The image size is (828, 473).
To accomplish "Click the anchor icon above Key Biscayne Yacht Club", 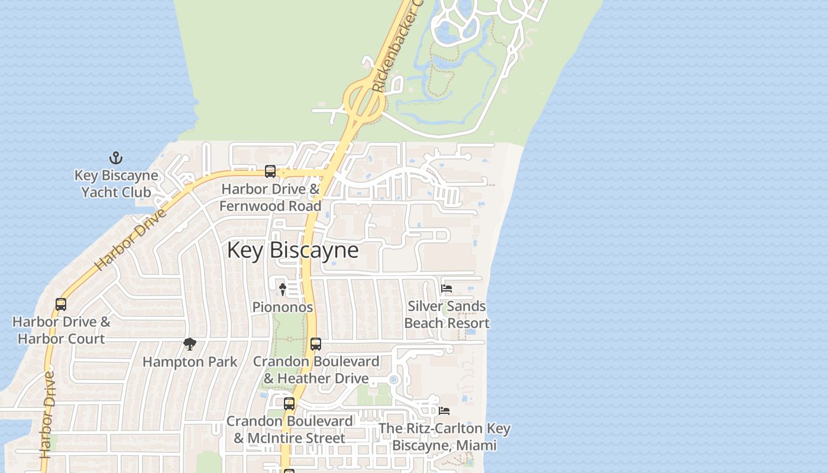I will click(x=116, y=158).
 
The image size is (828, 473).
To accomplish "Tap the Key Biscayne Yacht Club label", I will click(x=116, y=184).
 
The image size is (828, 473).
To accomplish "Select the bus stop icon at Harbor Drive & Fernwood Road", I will click(x=270, y=171).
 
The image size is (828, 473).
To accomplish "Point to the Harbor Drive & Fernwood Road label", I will click(x=270, y=197).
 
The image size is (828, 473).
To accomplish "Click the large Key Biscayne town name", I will click(x=293, y=250).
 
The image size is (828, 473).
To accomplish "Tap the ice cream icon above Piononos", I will click(x=283, y=289).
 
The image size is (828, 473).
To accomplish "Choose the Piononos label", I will click(x=283, y=307).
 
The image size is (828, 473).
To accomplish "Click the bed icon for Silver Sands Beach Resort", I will click(x=447, y=289).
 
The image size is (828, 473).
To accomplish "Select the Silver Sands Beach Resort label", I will click(x=447, y=315).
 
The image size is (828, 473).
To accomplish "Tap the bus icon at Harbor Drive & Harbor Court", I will click(x=61, y=304).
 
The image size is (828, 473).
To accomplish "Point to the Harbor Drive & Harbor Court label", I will click(x=61, y=331).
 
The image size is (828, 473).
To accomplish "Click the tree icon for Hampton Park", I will click(x=189, y=344).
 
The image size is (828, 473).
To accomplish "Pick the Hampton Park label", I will click(x=190, y=362).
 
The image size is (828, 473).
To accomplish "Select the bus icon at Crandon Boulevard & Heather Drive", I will click(x=316, y=344).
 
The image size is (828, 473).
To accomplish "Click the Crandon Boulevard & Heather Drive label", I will click(x=316, y=370).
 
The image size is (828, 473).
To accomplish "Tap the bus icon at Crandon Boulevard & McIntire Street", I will click(x=289, y=404).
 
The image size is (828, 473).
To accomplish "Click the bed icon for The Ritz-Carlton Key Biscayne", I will click(x=444, y=410).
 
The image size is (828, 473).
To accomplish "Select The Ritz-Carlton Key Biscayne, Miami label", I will click(x=444, y=436).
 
